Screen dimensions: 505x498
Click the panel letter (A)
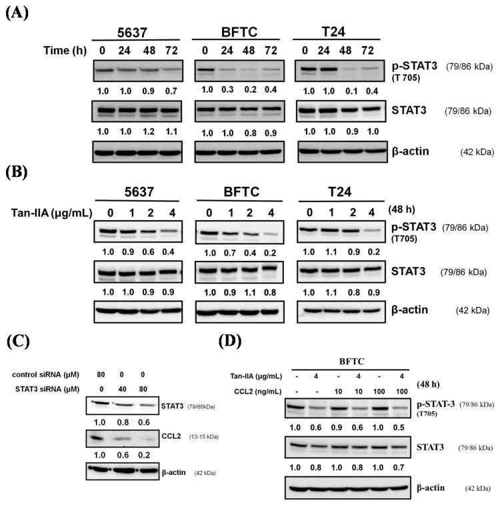coord(18,13)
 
